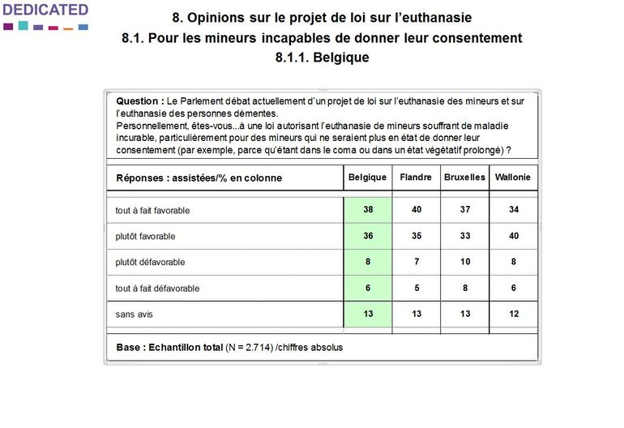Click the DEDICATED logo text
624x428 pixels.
coord(45,11)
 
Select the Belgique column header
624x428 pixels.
coord(367,178)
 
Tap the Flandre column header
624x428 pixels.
coord(416,178)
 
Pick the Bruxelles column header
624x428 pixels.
coord(464,178)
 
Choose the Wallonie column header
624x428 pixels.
coord(513,178)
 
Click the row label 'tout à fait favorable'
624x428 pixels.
coord(152,211)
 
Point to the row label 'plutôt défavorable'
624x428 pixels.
coord(150,263)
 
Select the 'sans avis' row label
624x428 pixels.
coord(134,315)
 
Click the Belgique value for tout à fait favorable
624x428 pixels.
coord(368,210)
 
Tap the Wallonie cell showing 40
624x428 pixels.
coord(513,236)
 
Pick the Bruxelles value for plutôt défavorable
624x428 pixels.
coord(464,262)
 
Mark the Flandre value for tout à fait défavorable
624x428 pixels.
coord(416,288)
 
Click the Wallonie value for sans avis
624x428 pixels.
coord(513,314)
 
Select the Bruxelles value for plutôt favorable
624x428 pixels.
coord(464,236)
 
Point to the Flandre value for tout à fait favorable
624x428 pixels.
coord(416,210)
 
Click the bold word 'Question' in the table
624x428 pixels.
coord(139,101)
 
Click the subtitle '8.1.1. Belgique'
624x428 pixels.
coord(322,58)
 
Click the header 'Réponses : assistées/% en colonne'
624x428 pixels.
coord(199,178)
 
